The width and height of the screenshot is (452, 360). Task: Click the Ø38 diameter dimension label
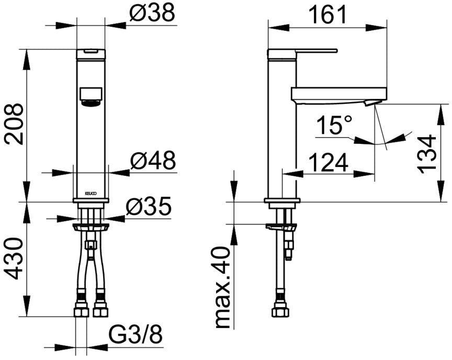click(152, 13)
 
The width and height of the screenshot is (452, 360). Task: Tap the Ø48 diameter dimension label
click(153, 160)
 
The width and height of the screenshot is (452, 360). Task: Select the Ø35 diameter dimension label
click(149, 206)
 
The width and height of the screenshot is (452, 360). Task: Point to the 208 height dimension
click(14, 123)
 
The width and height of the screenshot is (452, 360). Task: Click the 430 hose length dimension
click(14, 258)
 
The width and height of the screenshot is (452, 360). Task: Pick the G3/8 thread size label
click(135, 335)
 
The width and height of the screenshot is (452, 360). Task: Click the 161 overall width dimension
click(327, 15)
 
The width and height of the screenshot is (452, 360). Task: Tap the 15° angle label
click(334, 125)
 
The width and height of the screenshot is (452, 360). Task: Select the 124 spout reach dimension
click(329, 163)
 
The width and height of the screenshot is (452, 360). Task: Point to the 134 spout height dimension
click(427, 154)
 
